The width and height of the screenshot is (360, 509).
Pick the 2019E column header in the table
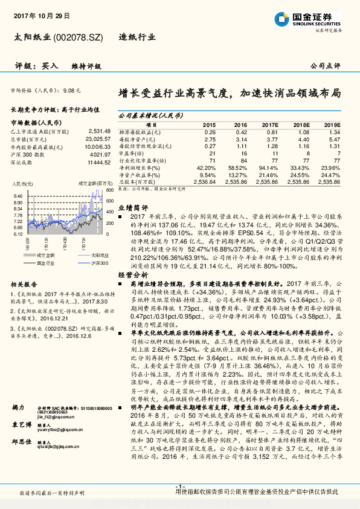(332, 125)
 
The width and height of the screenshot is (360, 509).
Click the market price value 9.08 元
(71, 89)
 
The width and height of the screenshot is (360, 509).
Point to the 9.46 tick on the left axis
(18, 196)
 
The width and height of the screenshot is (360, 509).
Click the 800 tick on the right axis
(111, 190)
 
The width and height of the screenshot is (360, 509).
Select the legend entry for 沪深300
(100, 263)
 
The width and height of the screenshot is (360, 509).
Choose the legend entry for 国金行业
(45, 263)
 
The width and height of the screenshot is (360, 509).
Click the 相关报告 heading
(25, 284)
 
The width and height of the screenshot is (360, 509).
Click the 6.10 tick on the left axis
(18, 234)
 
